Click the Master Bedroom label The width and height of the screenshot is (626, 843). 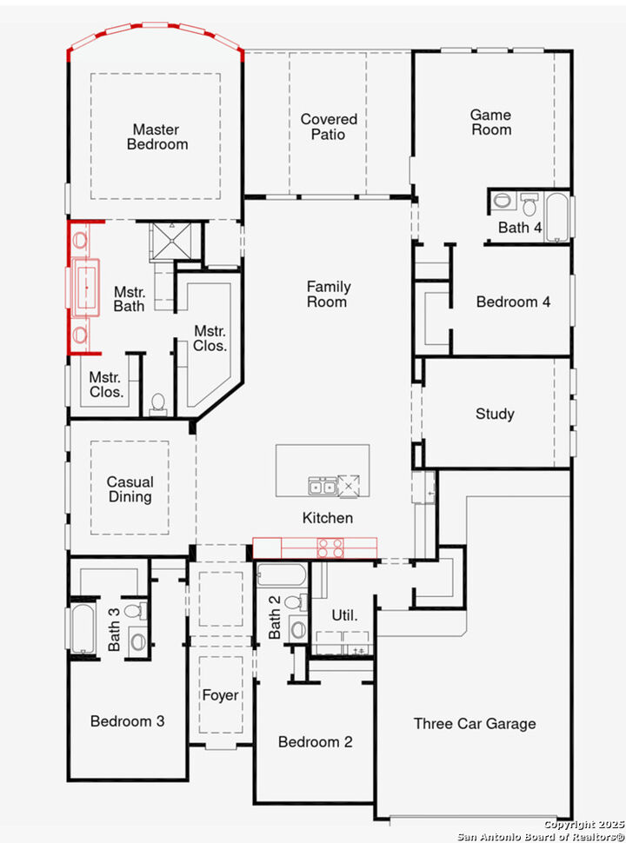[x=156, y=137]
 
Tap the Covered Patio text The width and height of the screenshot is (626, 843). [x=329, y=127]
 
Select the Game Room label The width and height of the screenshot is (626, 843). [x=490, y=122]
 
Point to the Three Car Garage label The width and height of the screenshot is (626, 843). [x=474, y=723]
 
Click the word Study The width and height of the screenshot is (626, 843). [x=495, y=414]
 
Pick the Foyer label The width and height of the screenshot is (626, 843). [x=220, y=695]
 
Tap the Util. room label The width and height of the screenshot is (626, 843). [x=344, y=615]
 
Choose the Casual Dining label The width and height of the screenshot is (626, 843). [x=130, y=489]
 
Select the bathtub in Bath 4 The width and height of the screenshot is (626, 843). [x=556, y=217]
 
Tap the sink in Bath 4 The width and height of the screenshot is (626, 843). [x=503, y=201]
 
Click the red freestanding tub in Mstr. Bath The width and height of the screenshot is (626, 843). [x=86, y=286]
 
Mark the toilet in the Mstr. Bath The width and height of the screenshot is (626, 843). [x=157, y=402]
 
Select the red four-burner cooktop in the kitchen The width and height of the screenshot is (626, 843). [x=331, y=548]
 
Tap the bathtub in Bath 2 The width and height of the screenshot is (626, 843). [x=281, y=575]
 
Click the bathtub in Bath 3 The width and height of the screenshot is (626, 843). [x=83, y=627]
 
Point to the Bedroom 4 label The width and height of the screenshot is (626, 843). [x=513, y=302]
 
